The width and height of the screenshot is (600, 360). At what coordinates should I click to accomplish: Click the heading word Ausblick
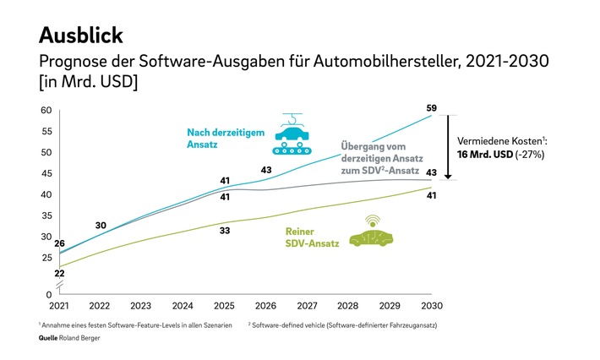[x=81, y=35]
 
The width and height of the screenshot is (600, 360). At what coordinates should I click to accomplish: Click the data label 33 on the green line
[x=226, y=230]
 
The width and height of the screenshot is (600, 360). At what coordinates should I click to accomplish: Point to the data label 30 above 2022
[x=101, y=225]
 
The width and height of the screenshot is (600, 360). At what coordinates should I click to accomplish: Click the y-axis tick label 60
[x=47, y=111]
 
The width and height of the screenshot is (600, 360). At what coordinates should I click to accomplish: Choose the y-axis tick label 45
[x=47, y=174]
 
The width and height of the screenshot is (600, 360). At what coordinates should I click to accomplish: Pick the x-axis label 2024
[x=183, y=305]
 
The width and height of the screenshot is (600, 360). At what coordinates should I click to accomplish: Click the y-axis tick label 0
[x=49, y=293]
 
